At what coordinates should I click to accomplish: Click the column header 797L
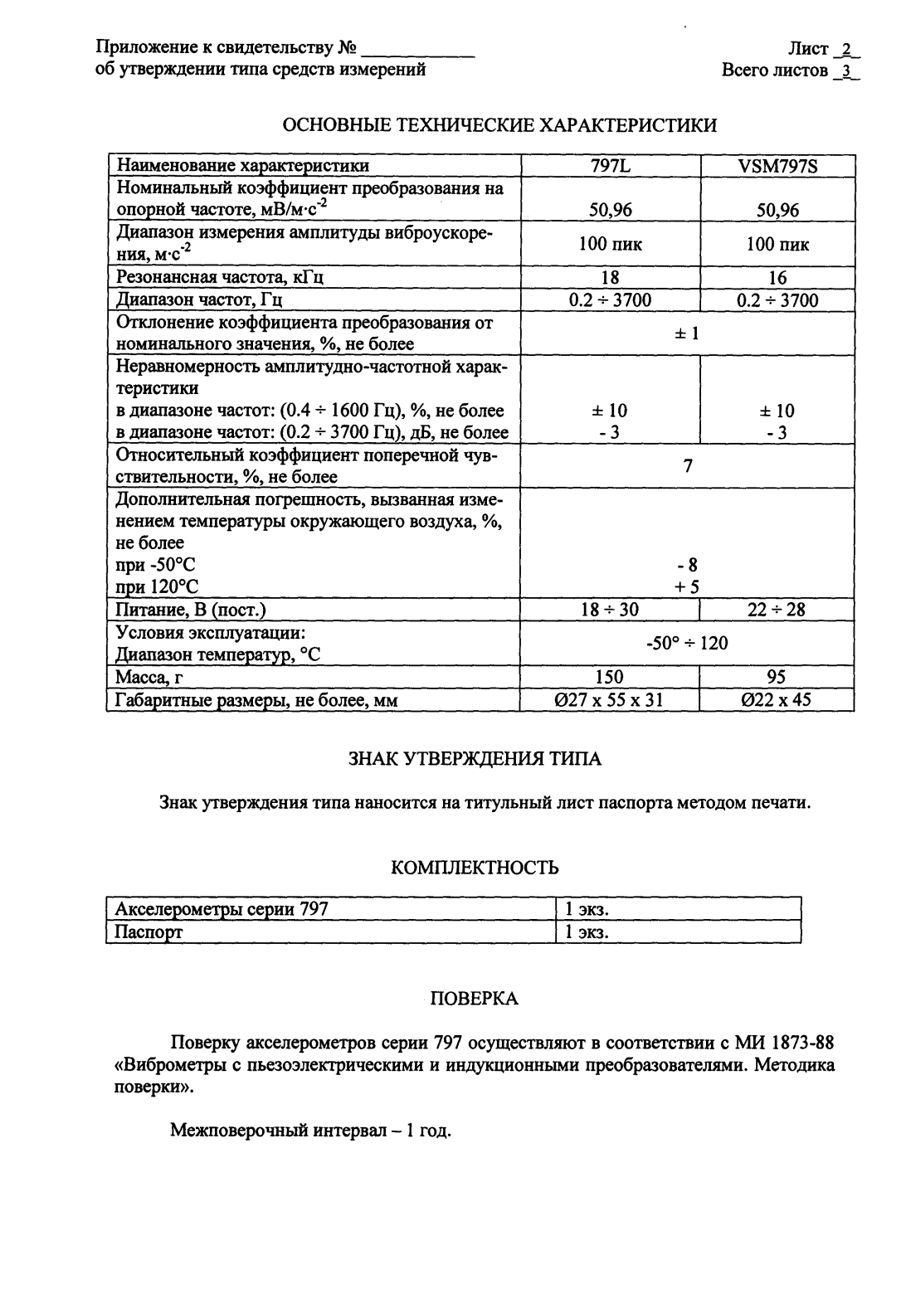point(610,166)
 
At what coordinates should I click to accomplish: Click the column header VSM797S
point(777,166)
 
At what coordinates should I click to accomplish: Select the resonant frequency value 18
point(610,278)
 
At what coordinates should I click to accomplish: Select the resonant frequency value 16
point(777,278)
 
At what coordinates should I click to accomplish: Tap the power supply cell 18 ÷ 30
point(610,610)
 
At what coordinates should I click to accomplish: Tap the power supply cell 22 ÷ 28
point(777,610)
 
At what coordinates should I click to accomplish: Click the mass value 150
point(610,678)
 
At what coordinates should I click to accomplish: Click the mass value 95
point(777,678)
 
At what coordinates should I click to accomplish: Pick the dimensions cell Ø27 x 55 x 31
point(610,700)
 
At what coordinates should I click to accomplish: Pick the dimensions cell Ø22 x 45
point(777,700)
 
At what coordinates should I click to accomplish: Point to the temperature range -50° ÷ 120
point(687,643)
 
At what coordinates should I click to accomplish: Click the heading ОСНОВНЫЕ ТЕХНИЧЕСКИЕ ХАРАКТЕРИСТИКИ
point(500,125)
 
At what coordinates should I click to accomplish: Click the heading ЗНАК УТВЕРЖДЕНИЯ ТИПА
point(474,758)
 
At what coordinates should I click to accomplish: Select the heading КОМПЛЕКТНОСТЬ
point(475,868)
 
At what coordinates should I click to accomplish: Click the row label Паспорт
point(149,932)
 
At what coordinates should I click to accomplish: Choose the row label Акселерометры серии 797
point(222,909)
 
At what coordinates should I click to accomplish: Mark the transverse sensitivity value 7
point(688,466)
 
